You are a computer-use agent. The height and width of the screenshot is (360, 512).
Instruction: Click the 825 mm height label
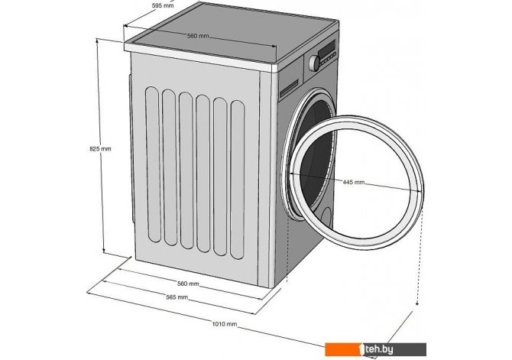click(100, 148)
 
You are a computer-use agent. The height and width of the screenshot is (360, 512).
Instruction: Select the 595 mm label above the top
click(160, 5)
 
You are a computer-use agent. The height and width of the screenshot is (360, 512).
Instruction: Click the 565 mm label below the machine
click(177, 297)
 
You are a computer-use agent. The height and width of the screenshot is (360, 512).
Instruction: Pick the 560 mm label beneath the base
click(188, 284)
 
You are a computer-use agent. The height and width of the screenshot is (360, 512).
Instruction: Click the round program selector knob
click(313, 64)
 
